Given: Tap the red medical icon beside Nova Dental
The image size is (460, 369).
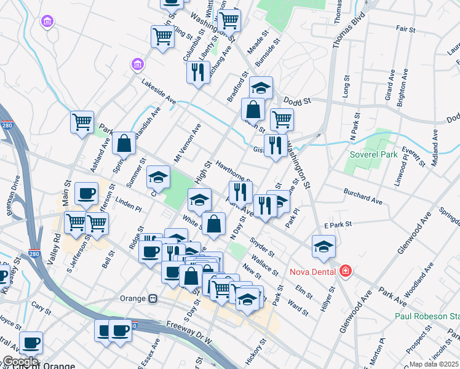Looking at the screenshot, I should coord(345,271).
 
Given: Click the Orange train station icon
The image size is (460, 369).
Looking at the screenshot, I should coord(152,298).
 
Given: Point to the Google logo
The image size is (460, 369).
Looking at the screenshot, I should coord(20,361).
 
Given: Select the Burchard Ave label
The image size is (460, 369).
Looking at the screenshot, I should coord(363,196).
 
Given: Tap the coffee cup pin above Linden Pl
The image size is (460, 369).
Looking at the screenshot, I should coord(86,193).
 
